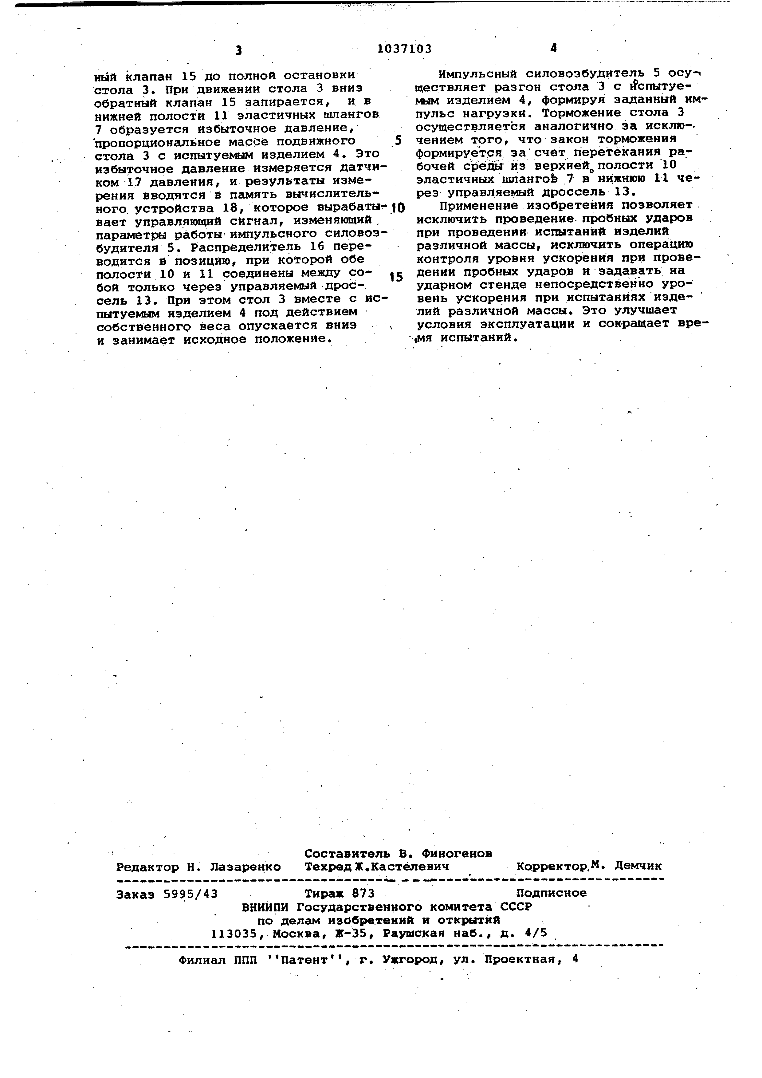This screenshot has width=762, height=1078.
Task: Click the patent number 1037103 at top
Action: [404, 49]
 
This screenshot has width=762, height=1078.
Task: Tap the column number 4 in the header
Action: [554, 48]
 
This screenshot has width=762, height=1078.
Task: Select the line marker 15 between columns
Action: [396, 277]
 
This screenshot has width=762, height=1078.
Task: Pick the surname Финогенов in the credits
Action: [457, 853]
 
